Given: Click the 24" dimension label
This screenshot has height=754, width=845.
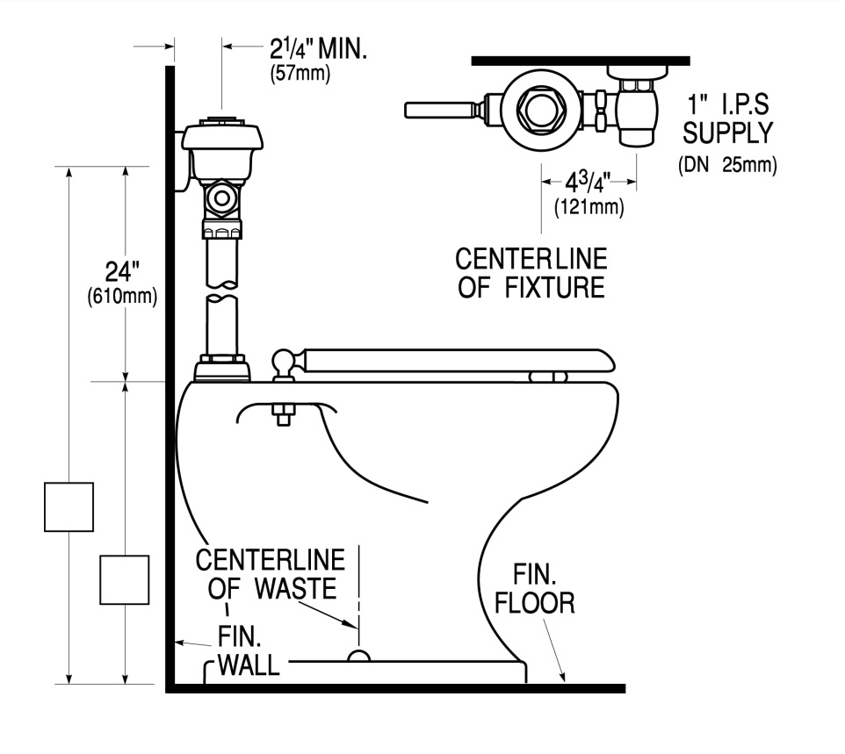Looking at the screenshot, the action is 122,271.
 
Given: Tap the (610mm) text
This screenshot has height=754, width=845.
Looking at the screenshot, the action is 122,297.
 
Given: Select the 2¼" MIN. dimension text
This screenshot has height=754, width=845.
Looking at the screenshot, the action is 318,49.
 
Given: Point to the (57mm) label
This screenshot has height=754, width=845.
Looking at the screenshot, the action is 300,73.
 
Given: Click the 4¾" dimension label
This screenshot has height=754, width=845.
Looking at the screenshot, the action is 588,183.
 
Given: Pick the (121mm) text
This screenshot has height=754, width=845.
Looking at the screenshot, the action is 589,207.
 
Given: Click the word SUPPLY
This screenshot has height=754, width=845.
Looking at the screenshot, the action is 727,133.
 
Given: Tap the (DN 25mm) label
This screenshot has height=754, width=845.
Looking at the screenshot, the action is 727,164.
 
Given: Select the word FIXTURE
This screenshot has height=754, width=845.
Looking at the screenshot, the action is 554,287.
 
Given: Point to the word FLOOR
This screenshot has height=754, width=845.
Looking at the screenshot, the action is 535,603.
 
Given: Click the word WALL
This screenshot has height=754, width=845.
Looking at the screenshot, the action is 249,665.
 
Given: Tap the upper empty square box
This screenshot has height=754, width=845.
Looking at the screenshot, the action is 69,506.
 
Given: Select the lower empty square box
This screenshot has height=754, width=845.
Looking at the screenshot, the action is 125,580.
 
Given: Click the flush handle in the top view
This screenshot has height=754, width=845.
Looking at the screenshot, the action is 439,110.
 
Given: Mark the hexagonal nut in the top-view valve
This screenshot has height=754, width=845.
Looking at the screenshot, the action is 541,110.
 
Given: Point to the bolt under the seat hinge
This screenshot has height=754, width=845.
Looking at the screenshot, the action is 284,414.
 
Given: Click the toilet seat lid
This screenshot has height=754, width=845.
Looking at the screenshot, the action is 458,360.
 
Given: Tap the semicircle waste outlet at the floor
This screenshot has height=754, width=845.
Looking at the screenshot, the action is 358,656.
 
